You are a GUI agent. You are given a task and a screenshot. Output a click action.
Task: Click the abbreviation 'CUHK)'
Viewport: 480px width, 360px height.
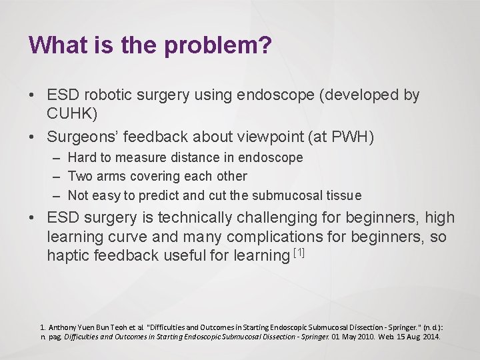pyautogui.click(x=72, y=114)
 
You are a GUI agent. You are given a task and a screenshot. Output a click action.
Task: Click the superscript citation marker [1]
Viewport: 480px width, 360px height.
pyautogui.click(x=299, y=252)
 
